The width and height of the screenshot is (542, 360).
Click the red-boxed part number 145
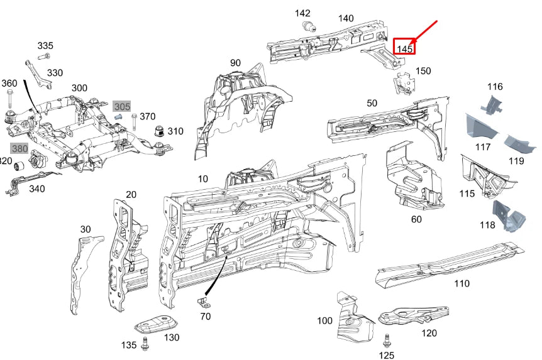point(404,47)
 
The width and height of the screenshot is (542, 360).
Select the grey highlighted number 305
point(122,107)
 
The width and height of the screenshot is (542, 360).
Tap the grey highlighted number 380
point(19,149)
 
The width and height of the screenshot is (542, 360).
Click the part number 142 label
point(302,13)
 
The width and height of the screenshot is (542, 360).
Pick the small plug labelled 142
point(309,26)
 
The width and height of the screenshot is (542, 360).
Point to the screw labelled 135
point(146,344)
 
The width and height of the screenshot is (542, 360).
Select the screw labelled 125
point(387,341)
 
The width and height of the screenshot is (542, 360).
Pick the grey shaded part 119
point(519,143)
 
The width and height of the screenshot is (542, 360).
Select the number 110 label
point(462,283)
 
